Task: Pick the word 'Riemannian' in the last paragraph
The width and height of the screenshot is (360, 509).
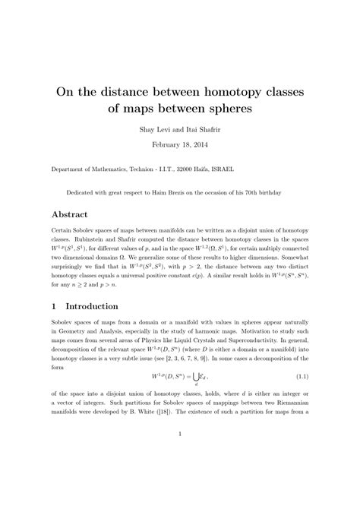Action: pyautogui.click(x=292, y=433)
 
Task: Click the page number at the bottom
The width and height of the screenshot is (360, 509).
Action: pyautogui.click(x=179, y=477)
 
